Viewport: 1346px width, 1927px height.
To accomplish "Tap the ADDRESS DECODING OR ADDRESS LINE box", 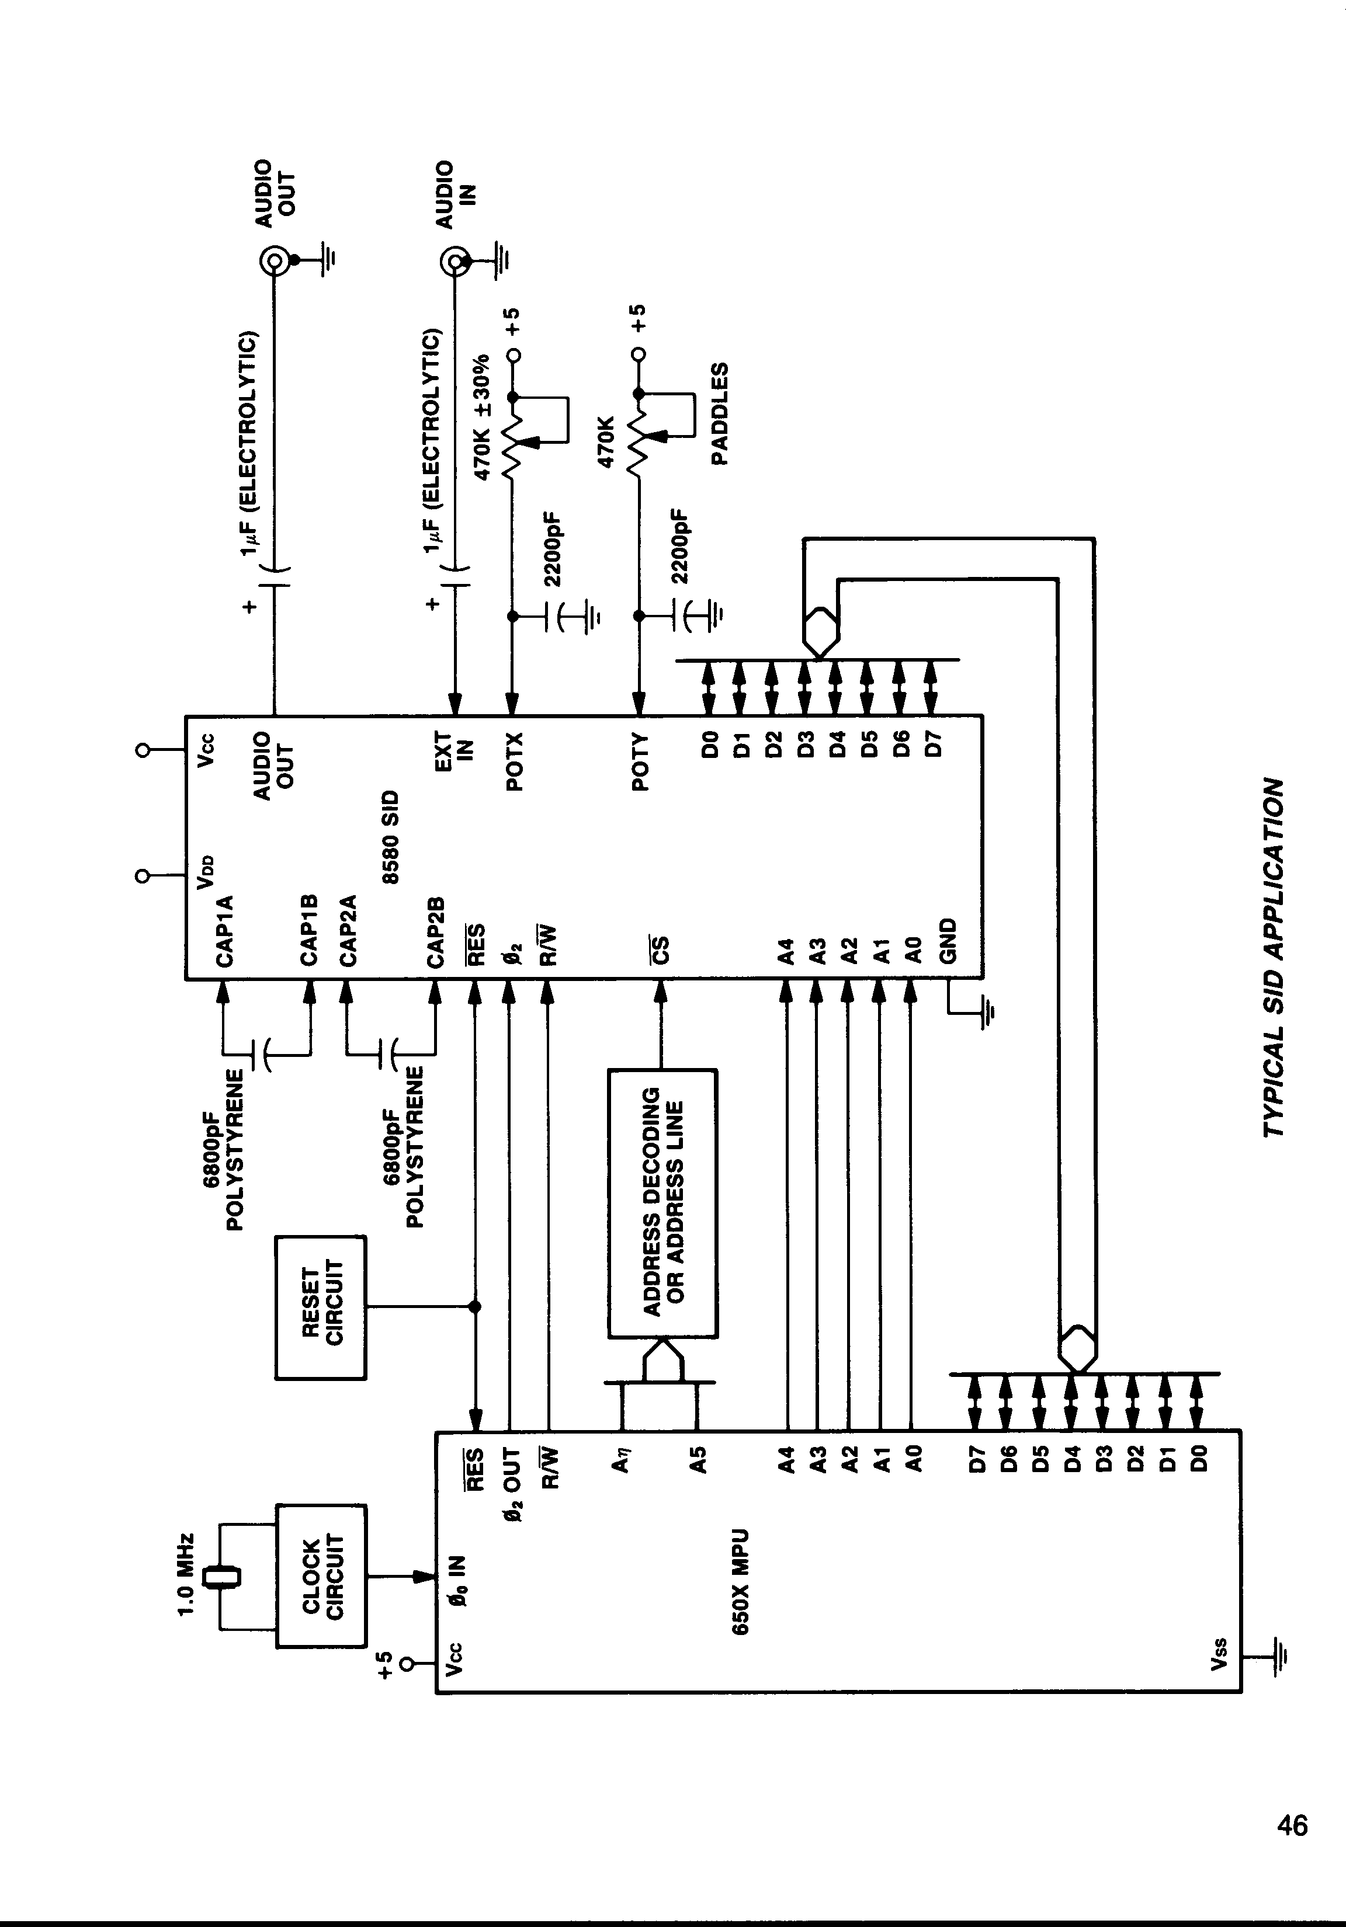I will click(662, 1202).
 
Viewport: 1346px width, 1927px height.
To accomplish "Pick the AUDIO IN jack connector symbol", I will click(455, 263).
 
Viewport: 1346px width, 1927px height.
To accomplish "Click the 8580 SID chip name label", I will click(391, 836).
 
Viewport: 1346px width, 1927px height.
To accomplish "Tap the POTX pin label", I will click(514, 761).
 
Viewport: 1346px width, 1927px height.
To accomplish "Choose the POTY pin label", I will click(640, 761).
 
